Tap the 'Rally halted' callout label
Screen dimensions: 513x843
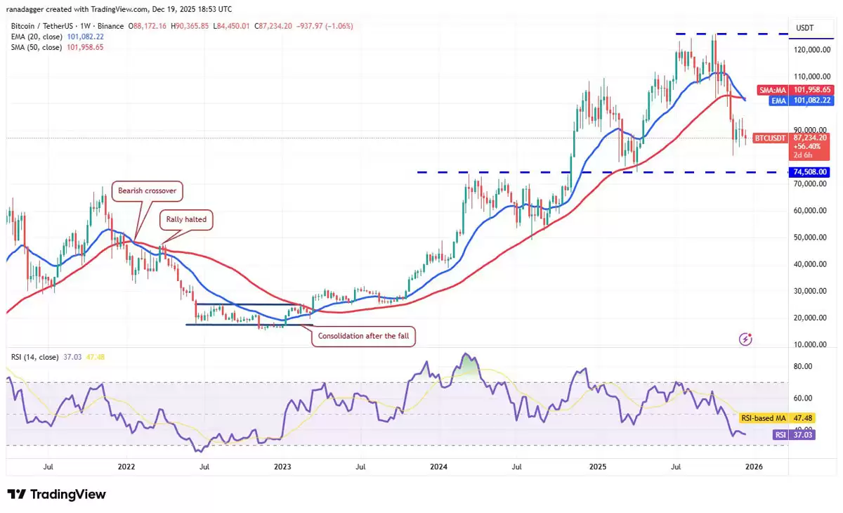[186, 219]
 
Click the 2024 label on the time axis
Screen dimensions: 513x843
[438, 466]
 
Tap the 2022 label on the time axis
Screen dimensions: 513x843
[126, 466]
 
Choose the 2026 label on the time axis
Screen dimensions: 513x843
[754, 466]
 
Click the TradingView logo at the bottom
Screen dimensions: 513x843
[57, 494]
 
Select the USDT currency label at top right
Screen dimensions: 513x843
[805, 28]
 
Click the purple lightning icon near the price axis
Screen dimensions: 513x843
[746, 339]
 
